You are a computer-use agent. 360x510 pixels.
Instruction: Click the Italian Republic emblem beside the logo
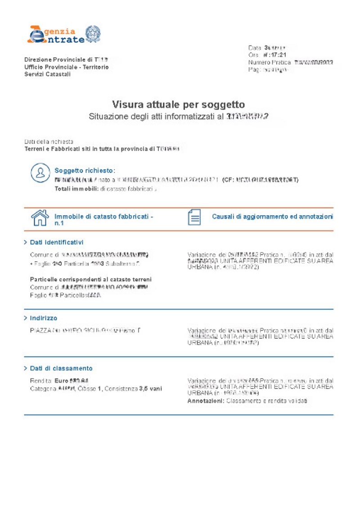[x=93, y=34]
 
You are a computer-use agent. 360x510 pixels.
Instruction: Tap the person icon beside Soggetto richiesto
[x=40, y=173]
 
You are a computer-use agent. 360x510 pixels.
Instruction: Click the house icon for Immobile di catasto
[x=40, y=218]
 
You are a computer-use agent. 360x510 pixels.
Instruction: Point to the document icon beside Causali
[x=194, y=217]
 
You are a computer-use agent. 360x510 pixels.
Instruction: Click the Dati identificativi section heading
[x=57, y=242]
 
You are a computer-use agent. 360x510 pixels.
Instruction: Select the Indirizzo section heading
[x=44, y=318]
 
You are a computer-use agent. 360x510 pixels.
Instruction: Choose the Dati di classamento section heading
[x=61, y=368]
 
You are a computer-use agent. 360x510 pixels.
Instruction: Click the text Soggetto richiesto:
[x=85, y=171]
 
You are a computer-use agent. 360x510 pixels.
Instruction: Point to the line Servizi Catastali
[x=47, y=74]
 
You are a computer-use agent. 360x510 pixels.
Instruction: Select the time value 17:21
[x=277, y=55]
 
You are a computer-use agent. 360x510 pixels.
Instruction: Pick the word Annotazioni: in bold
[x=205, y=400]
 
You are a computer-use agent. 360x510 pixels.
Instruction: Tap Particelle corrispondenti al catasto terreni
[x=90, y=279]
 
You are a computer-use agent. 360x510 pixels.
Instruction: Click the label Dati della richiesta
[x=49, y=141]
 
